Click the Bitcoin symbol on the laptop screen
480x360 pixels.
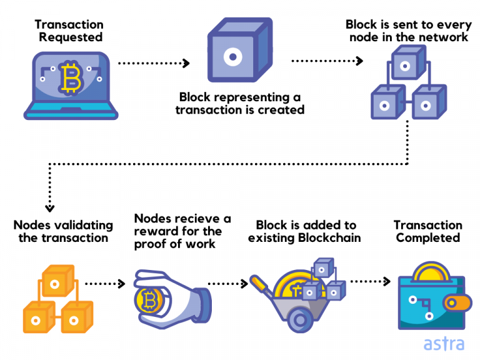pos(71,77)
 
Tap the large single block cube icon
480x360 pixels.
pos(240,50)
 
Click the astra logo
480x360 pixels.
pos(444,344)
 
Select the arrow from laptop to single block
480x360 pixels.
pos(154,63)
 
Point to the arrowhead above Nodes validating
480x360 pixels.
pos(49,209)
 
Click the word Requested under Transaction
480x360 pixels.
pos(71,37)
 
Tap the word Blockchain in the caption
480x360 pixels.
pos(329,238)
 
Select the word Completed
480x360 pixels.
pos(428,238)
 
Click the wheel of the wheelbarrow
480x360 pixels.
pos(300,320)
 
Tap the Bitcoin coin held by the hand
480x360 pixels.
pos(149,301)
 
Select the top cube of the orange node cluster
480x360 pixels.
pos(58,281)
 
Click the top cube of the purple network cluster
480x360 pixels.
pos(409,62)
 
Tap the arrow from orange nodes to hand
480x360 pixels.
pos(105,284)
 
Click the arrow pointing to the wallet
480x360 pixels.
pos(371,281)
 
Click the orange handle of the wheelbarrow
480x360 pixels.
pos(259,283)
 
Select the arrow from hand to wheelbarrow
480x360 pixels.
pos(227,284)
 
